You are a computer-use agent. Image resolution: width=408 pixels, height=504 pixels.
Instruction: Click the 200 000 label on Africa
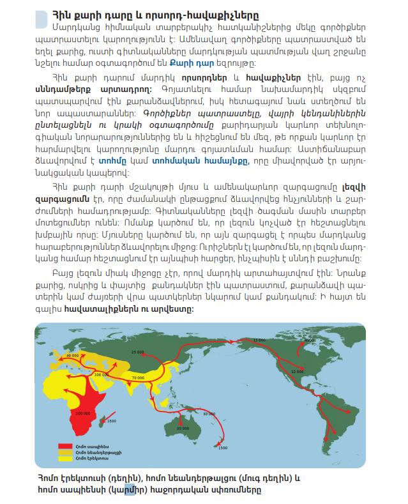(82, 414)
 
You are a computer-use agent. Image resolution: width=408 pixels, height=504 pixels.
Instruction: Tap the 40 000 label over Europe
(72, 355)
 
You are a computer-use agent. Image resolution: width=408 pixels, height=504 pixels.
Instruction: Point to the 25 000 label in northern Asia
(138, 351)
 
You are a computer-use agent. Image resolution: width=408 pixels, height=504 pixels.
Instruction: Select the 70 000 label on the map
(138, 378)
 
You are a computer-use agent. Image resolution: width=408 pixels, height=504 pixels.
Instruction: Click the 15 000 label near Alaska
(259, 340)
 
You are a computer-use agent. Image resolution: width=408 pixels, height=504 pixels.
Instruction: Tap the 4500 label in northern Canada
(309, 340)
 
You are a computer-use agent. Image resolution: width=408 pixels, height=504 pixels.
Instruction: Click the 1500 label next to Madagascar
(111, 422)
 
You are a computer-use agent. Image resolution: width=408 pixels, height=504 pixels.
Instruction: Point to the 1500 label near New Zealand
(222, 448)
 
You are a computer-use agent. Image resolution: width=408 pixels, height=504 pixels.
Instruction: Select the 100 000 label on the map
(101, 374)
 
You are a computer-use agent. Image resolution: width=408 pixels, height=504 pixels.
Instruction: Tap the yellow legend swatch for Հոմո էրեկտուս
(63, 458)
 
